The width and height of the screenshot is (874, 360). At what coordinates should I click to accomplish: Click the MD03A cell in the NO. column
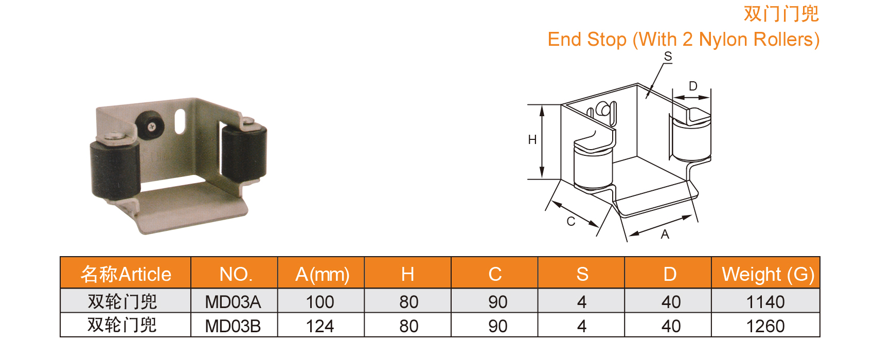point(233,302)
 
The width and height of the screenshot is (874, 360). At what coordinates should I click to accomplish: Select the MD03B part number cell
point(233,326)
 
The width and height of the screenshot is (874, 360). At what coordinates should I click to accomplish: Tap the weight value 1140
point(765,302)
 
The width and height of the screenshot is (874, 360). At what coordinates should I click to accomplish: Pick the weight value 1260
point(765,326)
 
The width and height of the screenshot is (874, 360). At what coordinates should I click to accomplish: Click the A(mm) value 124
point(320,326)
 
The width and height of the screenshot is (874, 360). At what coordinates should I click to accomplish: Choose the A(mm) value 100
point(320,302)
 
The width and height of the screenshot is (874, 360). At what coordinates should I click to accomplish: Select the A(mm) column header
point(323,274)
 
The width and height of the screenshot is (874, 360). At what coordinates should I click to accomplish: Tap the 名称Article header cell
point(126,274)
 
